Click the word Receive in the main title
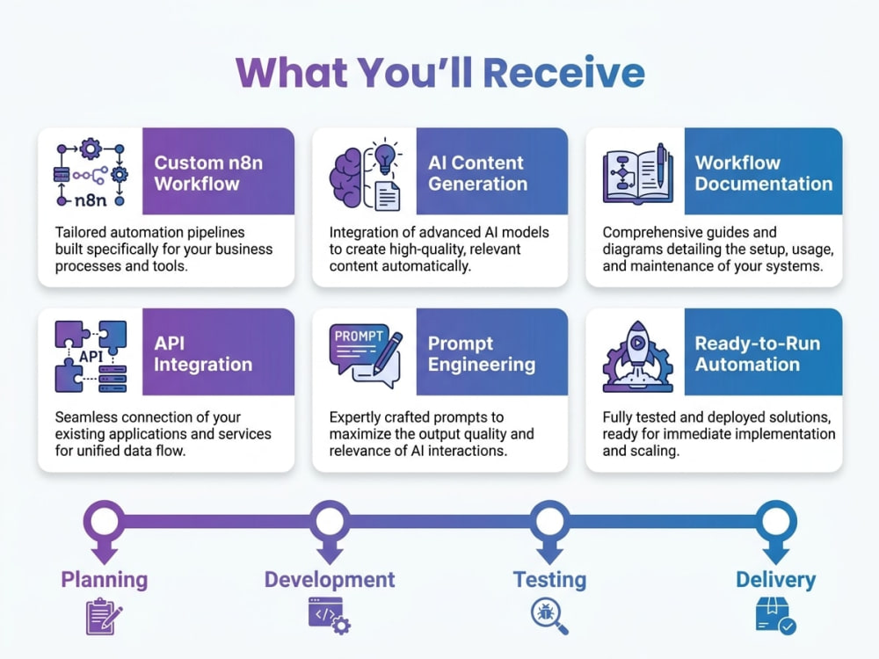(564, 73)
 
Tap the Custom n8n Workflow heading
(208, 173)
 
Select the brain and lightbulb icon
(366, 174)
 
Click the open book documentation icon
(638, 174)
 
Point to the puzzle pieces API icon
(91, 357)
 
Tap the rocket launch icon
(637, 357)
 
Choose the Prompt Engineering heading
(482, 353)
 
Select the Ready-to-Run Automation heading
(758, 353)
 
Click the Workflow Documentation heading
(764, 173)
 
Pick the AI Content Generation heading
(477, 173)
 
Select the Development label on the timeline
(330, 579)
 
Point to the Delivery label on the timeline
(776, 580)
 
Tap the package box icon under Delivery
(776, 615)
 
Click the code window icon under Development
(330, 616)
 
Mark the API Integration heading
(203, 353)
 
